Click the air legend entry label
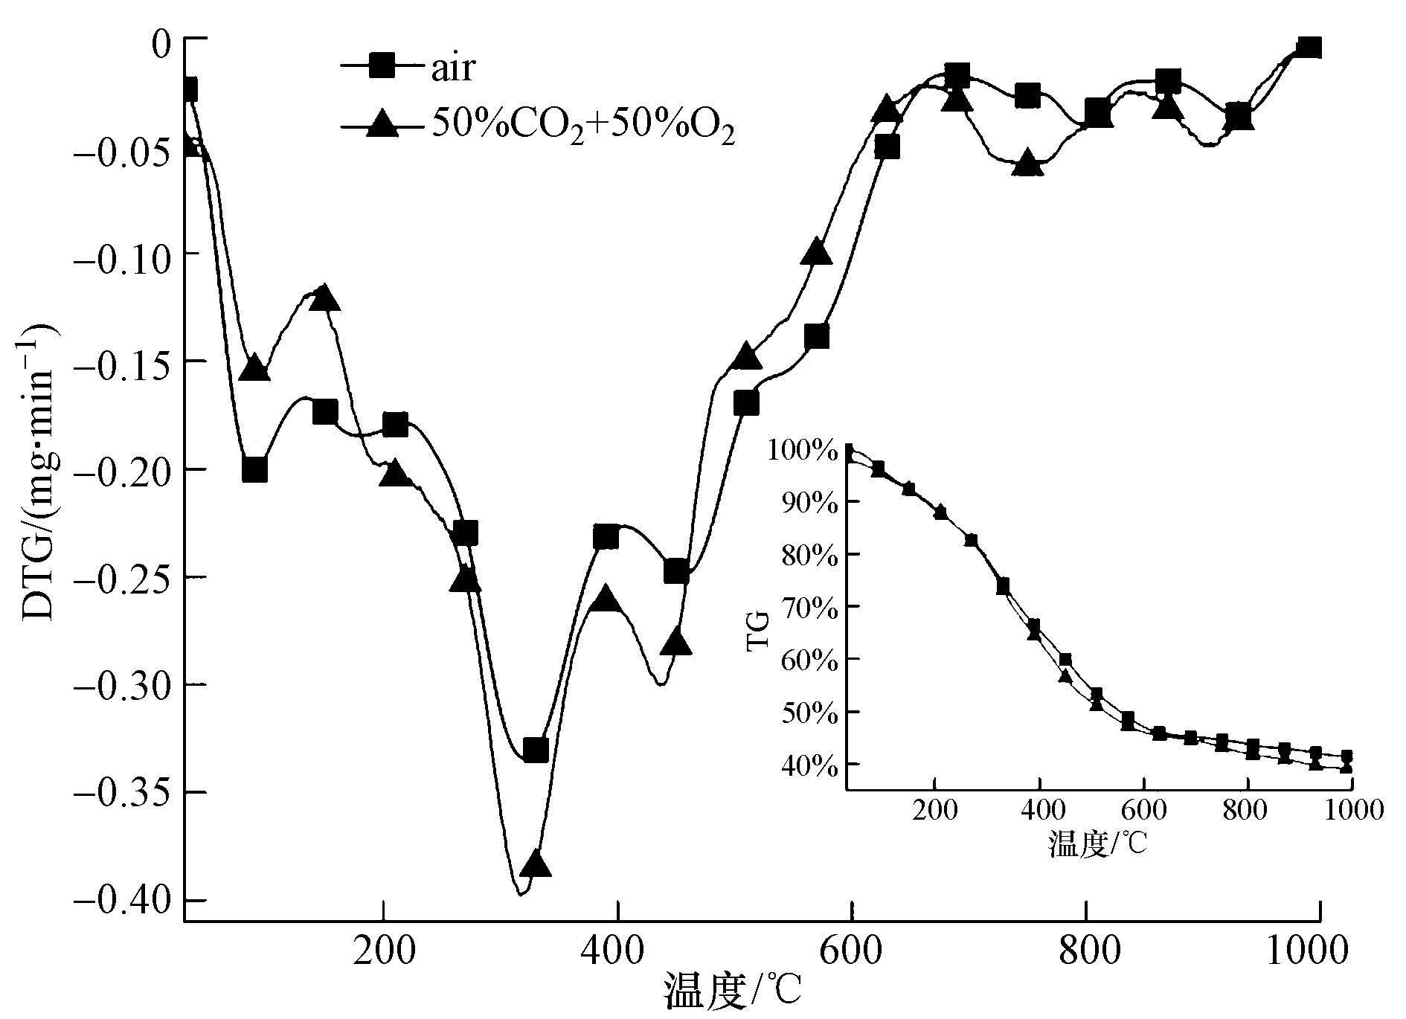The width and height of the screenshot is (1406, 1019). (x=452, y=68)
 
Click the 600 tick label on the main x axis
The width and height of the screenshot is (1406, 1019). (x=851, y=953)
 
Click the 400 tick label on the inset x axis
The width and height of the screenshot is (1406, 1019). (x=1040, y=809)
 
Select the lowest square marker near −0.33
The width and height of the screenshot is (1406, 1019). (x=536, y=750)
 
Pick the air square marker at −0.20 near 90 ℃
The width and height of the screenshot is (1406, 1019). (x=254, y=470)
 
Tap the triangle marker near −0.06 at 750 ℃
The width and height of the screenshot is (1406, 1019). (x=1028, y=164)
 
